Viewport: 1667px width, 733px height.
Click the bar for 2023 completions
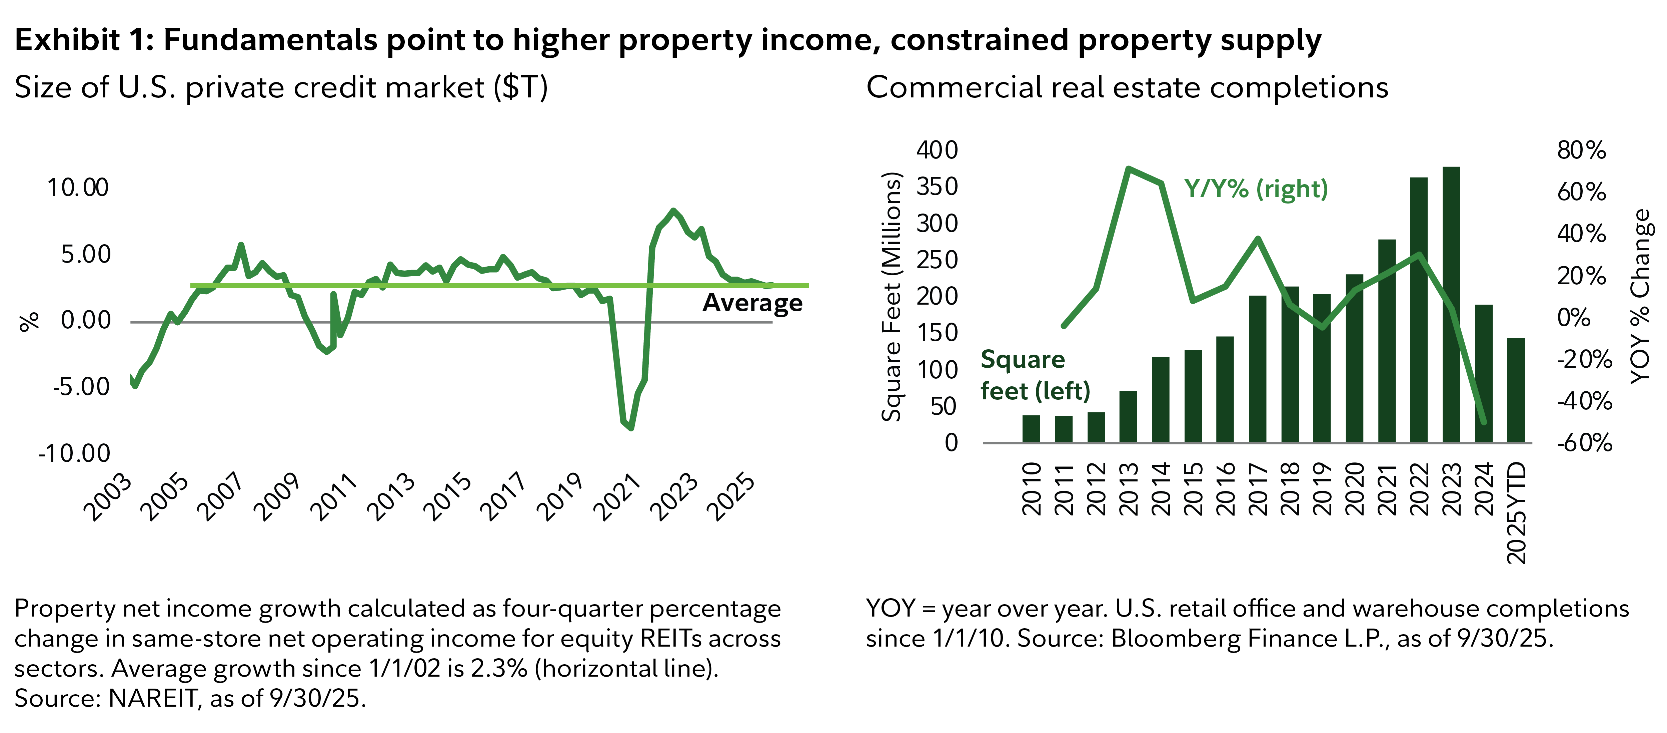1451,304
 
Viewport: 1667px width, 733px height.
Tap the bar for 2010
1031,429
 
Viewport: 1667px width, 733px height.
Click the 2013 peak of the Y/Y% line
1128,169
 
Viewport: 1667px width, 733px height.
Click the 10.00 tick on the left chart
78,188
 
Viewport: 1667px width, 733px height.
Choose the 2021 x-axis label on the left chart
618,497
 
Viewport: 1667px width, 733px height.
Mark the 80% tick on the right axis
1581,150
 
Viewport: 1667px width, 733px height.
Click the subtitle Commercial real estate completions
1127,87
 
